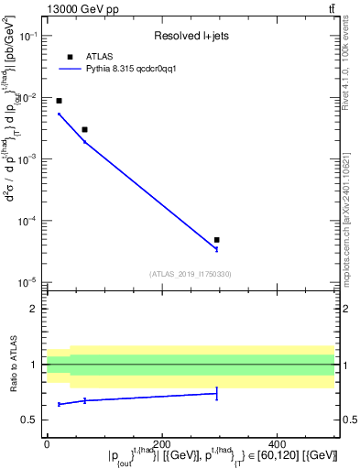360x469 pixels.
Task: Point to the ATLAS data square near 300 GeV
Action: (x=216, y=240)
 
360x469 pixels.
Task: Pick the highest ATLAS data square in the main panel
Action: (x=60, y=101)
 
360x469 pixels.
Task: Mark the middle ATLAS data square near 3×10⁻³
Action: (x=84, y=129)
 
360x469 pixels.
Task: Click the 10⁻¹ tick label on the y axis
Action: (x=28, y=36)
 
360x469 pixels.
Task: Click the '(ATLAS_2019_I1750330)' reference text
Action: (x=190, y=273)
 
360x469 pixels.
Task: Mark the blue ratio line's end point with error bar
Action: (x=216, y=393)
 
